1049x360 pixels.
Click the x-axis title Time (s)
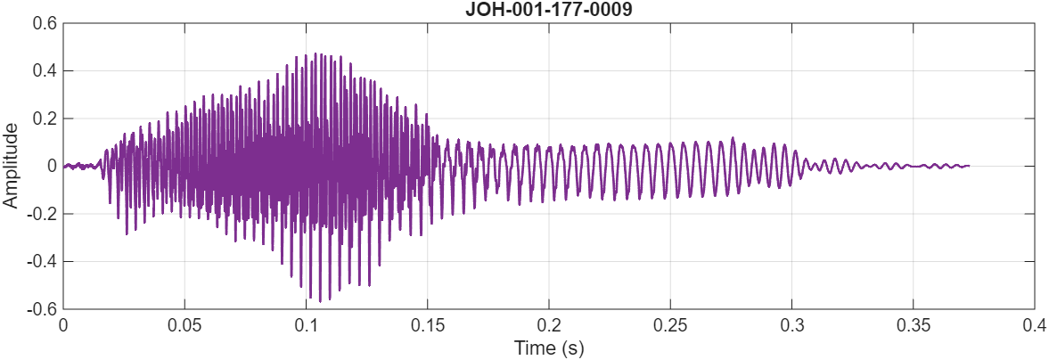coord(548,348)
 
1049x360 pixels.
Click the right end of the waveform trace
coord(969,166)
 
